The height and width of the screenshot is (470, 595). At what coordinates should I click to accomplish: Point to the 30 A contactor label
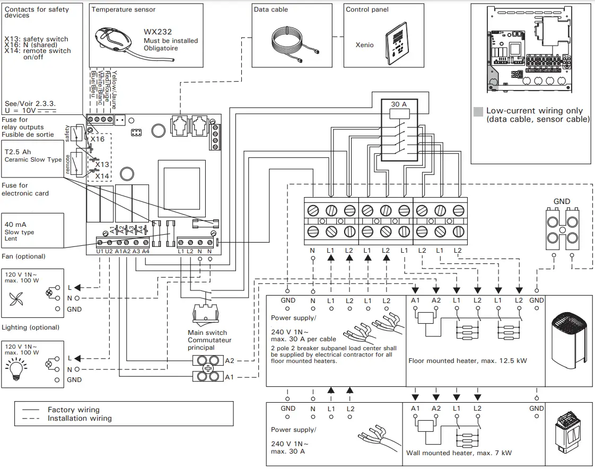point(399,104)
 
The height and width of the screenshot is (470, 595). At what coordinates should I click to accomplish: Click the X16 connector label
point(98,138)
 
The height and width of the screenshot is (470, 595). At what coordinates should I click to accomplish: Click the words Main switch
point(207,333)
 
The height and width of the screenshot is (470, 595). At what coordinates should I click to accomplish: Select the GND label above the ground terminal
point(562,201)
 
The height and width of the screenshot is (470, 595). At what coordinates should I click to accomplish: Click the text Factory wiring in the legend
point(73,410)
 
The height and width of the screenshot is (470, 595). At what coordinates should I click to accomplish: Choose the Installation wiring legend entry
point(80,418)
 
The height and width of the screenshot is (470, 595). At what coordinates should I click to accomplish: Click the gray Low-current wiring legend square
point(478,111)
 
